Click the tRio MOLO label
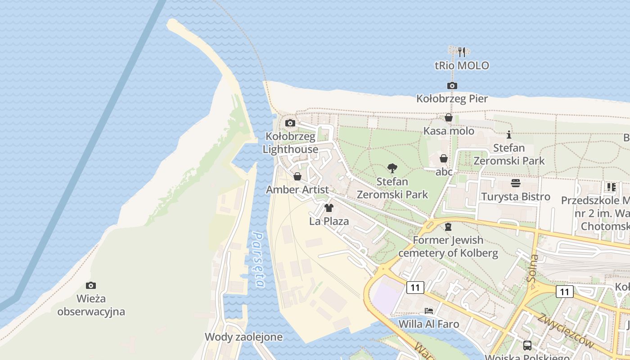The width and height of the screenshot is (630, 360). point(462,66)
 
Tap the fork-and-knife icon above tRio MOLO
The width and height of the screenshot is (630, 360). point(462,52)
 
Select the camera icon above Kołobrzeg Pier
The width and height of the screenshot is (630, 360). point(452,85)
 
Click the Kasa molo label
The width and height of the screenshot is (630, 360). point(449,131)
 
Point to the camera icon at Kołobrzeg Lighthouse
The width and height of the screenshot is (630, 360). point(290,123)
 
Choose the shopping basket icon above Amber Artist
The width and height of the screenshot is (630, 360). point(297,176)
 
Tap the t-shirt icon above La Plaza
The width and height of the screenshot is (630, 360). point(329,208)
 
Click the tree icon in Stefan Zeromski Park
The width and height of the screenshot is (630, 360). point(392,169)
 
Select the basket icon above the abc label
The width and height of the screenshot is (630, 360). point(444,158)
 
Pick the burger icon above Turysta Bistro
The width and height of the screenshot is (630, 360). point(515,183)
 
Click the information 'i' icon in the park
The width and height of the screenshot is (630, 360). point(509,135)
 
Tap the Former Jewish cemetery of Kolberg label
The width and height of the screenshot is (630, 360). point(448,247)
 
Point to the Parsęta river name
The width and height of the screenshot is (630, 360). point(258,259)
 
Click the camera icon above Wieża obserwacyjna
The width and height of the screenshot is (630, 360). point(91,285)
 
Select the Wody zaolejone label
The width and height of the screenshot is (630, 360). point(243,337)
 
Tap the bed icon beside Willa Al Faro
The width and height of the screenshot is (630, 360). point(429,311)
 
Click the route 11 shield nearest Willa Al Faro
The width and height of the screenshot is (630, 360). point(415,287)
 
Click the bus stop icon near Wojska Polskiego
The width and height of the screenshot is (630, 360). point(527,346)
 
